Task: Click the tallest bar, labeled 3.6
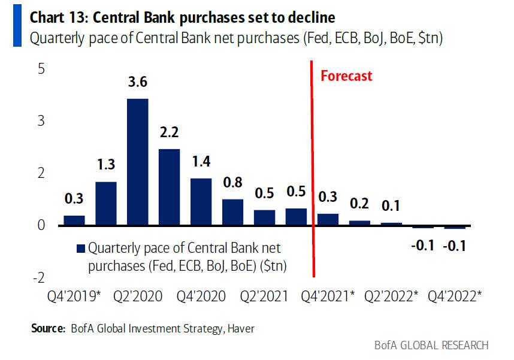point(138,162)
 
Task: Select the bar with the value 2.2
point(169,187)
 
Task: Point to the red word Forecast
point(346,76)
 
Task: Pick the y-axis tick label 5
point(41,69)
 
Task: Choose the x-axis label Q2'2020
point(138,296)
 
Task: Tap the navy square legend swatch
point(80,248)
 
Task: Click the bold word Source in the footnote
point(47,328)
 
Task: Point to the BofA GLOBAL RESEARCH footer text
point(431,346)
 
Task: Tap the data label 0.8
point(232,183)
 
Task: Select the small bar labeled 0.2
point(360,223)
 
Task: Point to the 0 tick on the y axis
point(41,225)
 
